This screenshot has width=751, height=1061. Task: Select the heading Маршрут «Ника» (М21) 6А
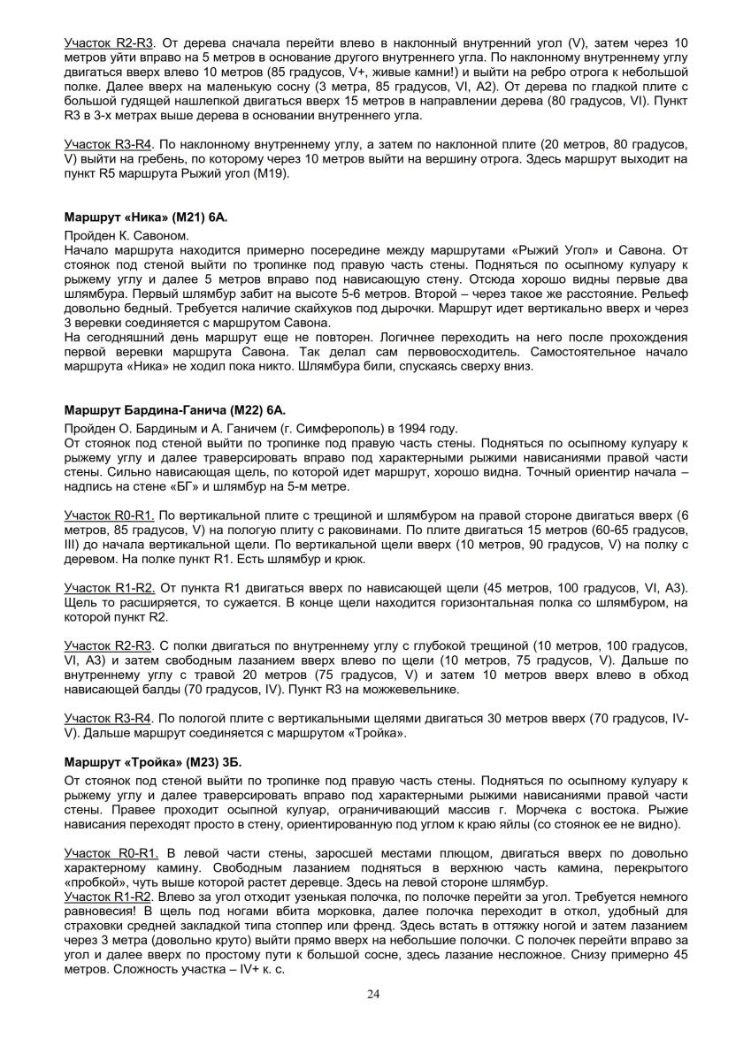coord(139,217)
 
